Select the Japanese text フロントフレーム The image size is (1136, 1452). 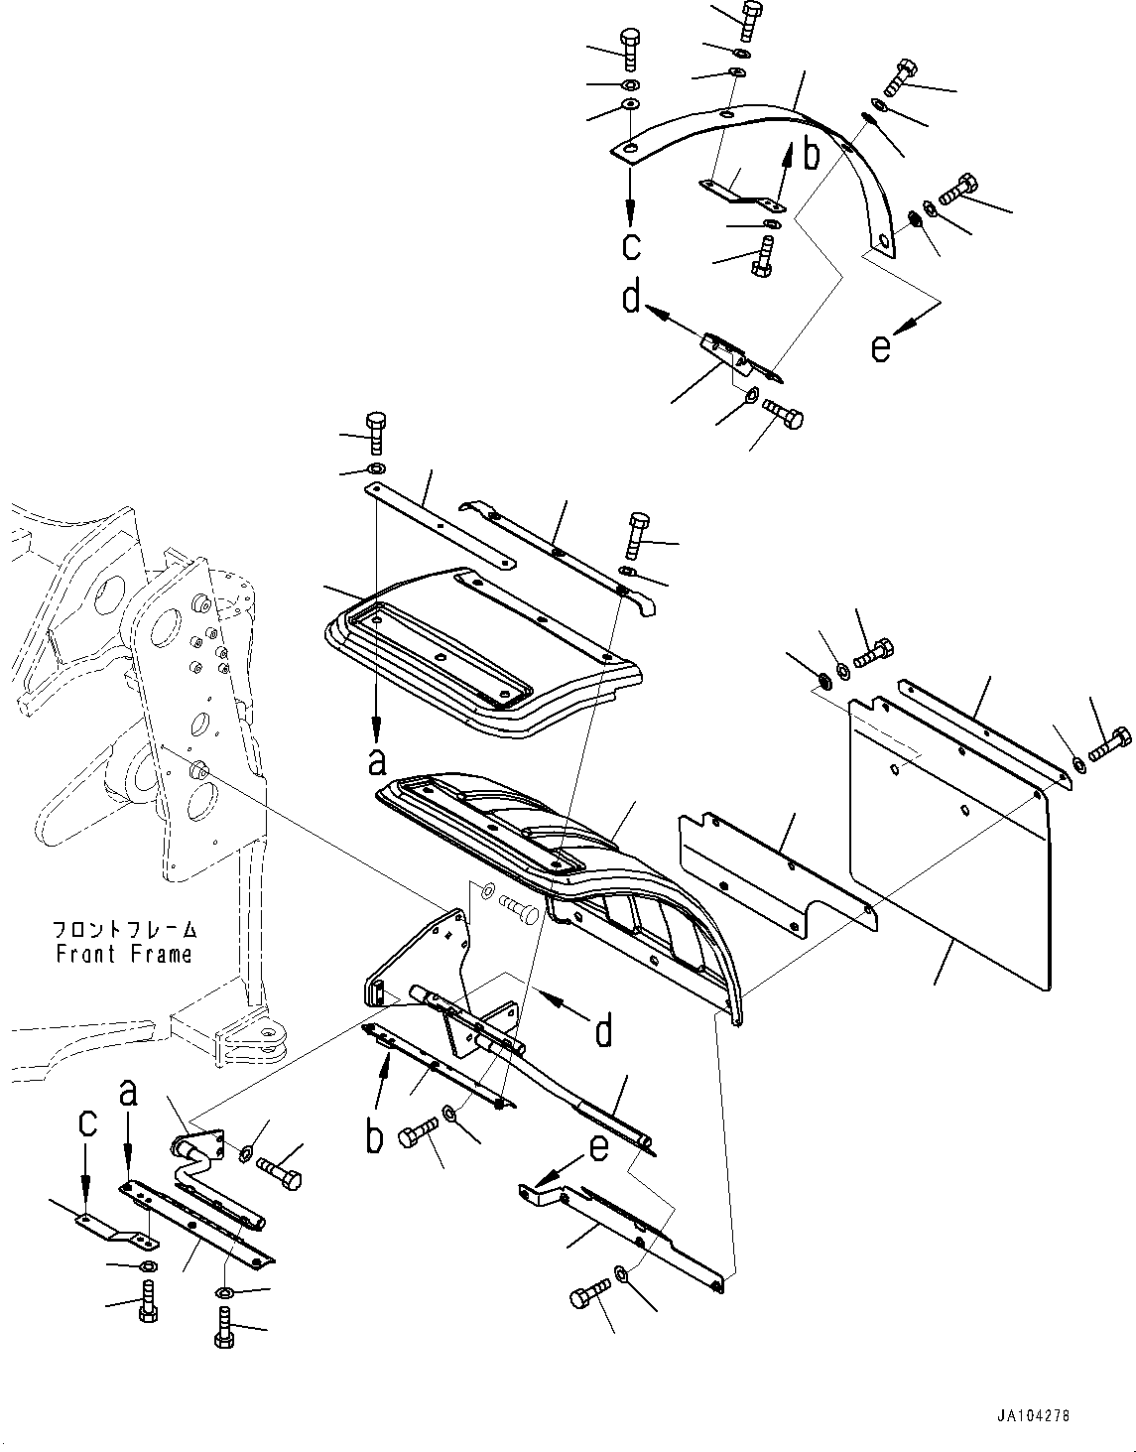[125, 930]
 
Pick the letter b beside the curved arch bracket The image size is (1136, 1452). [811, 154]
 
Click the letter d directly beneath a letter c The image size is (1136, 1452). [632, 296]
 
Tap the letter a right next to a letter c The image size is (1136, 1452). [128, 1093]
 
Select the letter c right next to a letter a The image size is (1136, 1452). [87, 1122]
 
